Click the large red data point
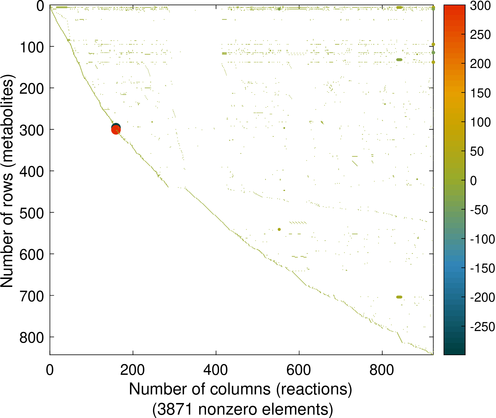click(116, 130)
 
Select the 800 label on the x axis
click(382, 370)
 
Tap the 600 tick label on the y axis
click(32, 254)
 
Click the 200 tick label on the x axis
click(132, 370)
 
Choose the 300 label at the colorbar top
click(480, 6)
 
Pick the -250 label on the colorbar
click(482, 327)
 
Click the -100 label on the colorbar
click(482, 239)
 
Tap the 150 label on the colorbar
click(480, 93)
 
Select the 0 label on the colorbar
click(474, 181)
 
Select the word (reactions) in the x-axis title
click(314, 389)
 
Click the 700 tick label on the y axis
click(32, 296)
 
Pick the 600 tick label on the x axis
click(299, 370)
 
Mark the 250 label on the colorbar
click(480, 35)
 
